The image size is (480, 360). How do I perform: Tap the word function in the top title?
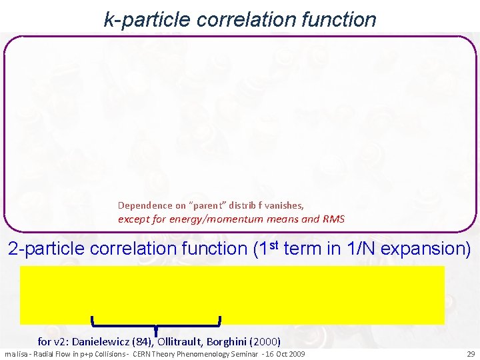(343, 19)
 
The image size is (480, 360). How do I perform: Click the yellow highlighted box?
(232, 295)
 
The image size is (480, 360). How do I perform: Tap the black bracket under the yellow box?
(156, 325)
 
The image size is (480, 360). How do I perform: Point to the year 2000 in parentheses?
(267, 341)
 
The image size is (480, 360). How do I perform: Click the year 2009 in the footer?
(295, 353)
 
